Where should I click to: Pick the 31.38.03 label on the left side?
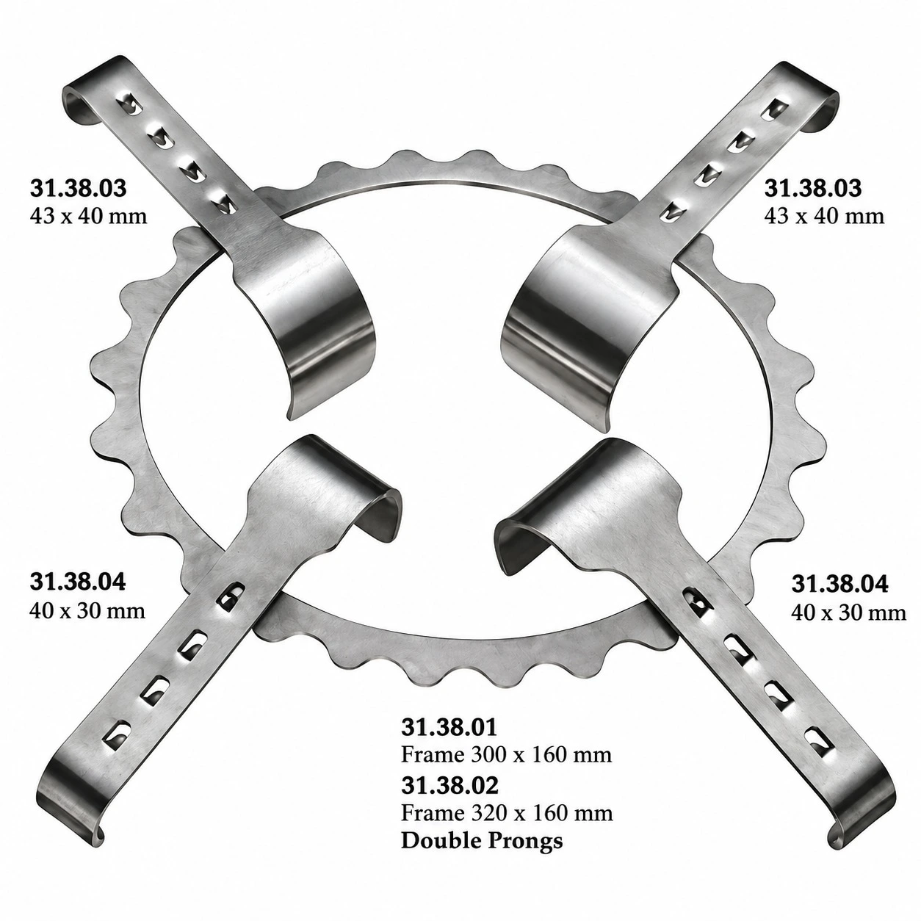pos(79,188)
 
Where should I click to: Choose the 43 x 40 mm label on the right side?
pos(824,216)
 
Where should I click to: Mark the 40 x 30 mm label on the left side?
pos(87,611)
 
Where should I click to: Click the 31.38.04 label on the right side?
pos(839,584)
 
